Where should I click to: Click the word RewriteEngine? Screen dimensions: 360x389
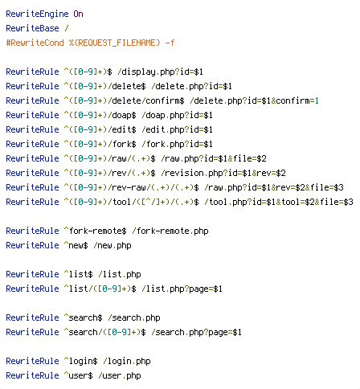(x=37, y=14)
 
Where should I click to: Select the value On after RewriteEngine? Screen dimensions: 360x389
(x=78, y=14)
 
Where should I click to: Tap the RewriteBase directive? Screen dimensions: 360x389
(x=32, y=28)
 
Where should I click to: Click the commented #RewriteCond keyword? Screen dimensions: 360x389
(x=35, y=43)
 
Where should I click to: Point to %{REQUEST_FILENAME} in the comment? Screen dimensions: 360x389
(x=114, y=43)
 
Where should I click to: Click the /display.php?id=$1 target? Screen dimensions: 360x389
(x=160, y=72)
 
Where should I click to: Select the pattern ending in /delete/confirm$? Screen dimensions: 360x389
(x=124, y=100)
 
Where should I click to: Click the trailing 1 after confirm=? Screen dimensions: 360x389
(x=317, y=100)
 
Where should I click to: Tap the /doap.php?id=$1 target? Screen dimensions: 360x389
(x=177, y=115)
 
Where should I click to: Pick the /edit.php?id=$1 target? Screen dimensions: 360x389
(x=177, y=129)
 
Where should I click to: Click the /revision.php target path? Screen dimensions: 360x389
(x=182, y=173)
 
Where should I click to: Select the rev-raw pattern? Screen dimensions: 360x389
(x=131, y=187)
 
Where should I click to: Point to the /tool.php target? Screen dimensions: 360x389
(x=218, y=202)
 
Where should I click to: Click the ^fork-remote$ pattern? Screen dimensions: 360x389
(x=95, y=231)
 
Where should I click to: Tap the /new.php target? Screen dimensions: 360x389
(x=112, y=245)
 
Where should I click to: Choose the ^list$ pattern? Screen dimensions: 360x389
(x=78, y=274)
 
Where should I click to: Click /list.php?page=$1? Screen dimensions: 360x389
(x=182, y=289)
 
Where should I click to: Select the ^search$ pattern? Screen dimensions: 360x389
(x=83, y=317)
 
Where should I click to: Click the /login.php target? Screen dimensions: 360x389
(x=126, y=361)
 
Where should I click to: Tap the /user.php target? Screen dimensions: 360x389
(x=119, y=375)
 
